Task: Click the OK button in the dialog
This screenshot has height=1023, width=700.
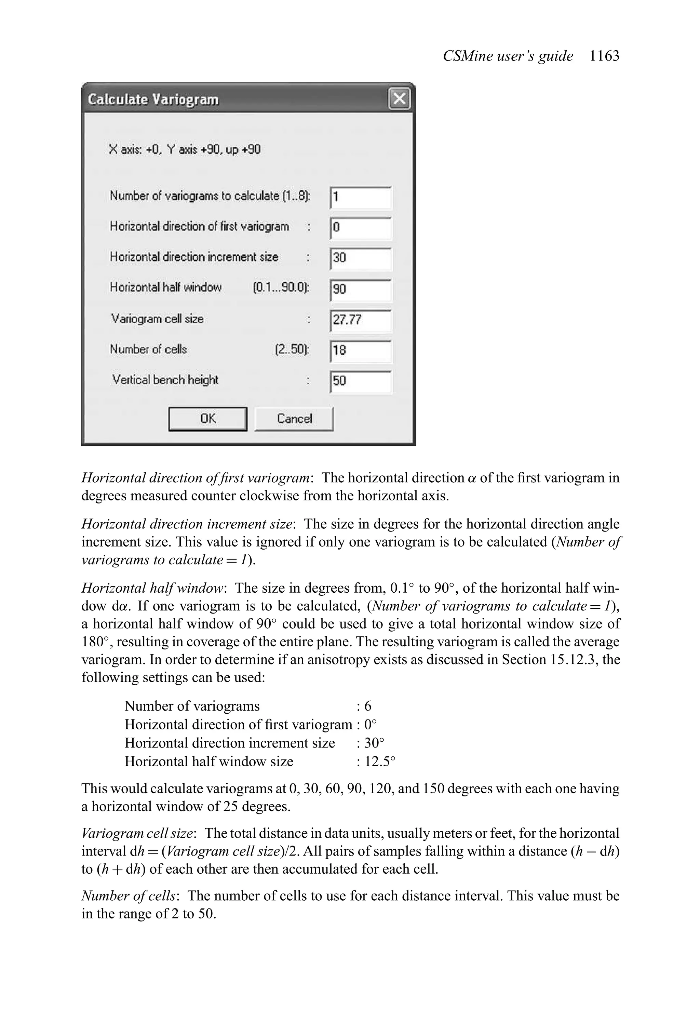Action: tap(207, 419)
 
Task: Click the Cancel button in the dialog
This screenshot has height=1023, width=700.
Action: tap(294, 419)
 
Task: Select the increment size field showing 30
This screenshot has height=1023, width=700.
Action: tap(360, 258)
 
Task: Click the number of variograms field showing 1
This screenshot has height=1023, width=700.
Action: tap(360, 197)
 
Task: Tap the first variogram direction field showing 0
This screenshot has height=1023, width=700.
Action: tap(360, 228)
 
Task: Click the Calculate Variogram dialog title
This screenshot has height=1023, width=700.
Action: tap(153, 99)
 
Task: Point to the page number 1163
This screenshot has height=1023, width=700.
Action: tap(604, 56)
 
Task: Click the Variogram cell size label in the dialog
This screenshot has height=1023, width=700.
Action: tap(157, 319)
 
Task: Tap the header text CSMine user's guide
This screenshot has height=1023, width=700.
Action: tap(508, 56)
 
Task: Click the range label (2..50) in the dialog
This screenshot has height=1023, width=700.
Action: tap(292, 350)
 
